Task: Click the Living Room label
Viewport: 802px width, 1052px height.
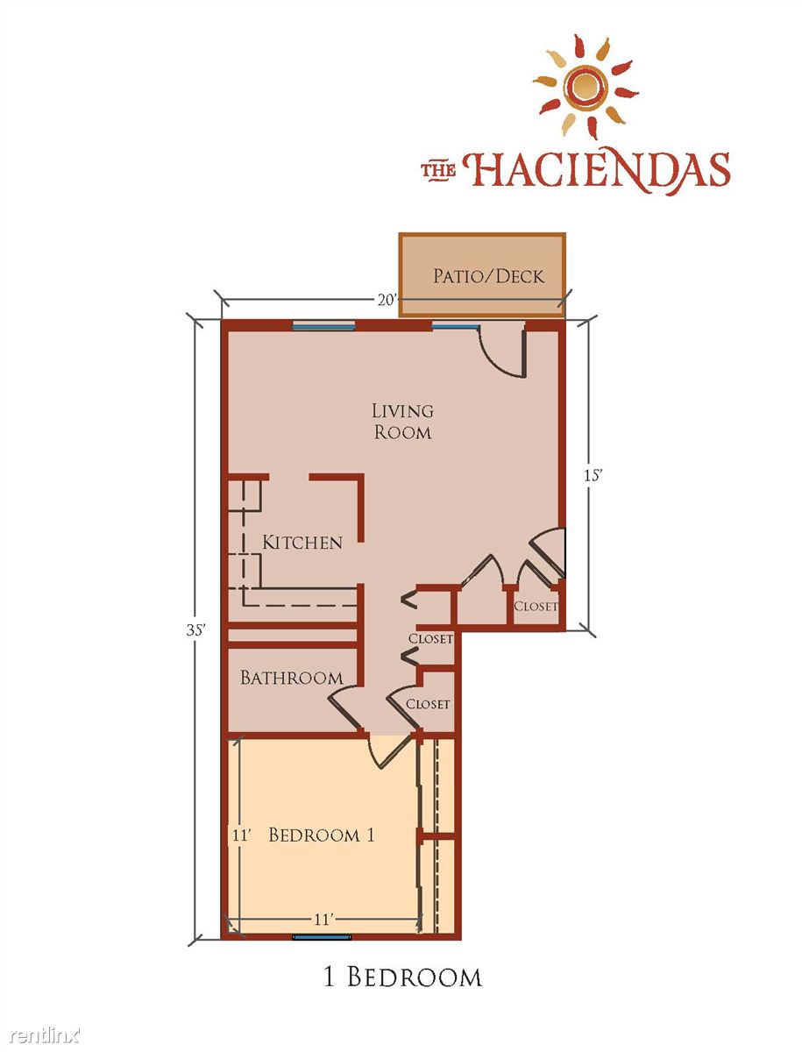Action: (x=402, y=422)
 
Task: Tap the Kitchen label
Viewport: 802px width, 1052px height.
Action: (x=302, y=543)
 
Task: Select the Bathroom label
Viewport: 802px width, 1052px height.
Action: (x=291, y=678)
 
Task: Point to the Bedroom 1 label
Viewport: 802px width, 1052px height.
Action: (x=322, y=835)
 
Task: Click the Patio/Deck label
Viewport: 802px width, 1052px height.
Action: (x=489, y=276)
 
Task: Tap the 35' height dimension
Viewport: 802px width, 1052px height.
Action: (x=195, y=629)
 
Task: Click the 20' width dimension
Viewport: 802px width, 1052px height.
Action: (x=387, y=300)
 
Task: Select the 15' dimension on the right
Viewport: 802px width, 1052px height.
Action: (x=593, y=475)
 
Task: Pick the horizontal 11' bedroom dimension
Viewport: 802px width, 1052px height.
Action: (x=323, y=920)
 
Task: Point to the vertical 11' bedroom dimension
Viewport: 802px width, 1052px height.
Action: (x=241, y=835)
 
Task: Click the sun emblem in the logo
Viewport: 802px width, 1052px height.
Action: (x=586, y=87)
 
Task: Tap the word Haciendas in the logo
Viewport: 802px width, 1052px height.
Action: (x=597, y=171)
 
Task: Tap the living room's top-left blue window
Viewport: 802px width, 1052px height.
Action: (x=323, y=326)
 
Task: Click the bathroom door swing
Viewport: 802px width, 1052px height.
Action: (x=343, y=708)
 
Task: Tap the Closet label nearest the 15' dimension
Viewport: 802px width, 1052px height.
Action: (x=536, y=607)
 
